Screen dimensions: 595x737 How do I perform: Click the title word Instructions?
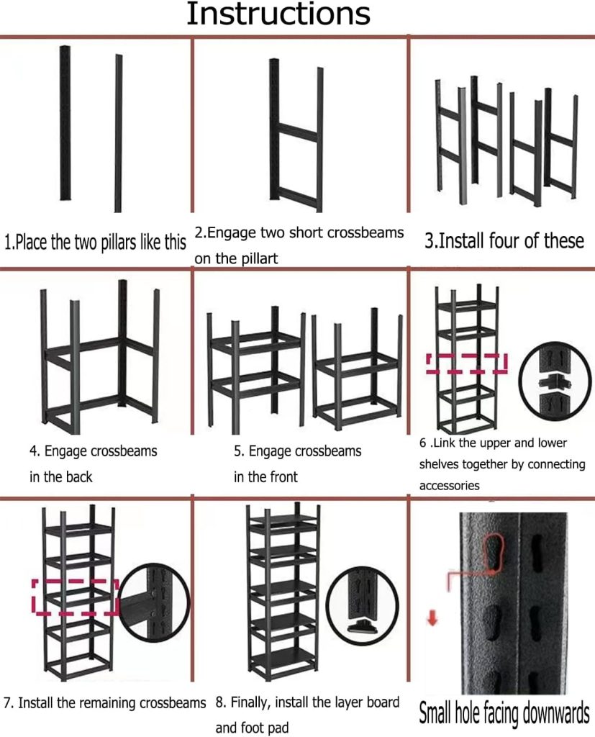278,14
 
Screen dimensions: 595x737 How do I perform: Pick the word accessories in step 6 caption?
449,486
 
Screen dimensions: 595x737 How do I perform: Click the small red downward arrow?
432,618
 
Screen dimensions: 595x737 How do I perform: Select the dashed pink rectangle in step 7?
76,597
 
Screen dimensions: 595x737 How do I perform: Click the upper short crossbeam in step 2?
298,132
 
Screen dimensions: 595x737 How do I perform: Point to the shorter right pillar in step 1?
119,133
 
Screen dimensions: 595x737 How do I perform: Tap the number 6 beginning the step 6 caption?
422,443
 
